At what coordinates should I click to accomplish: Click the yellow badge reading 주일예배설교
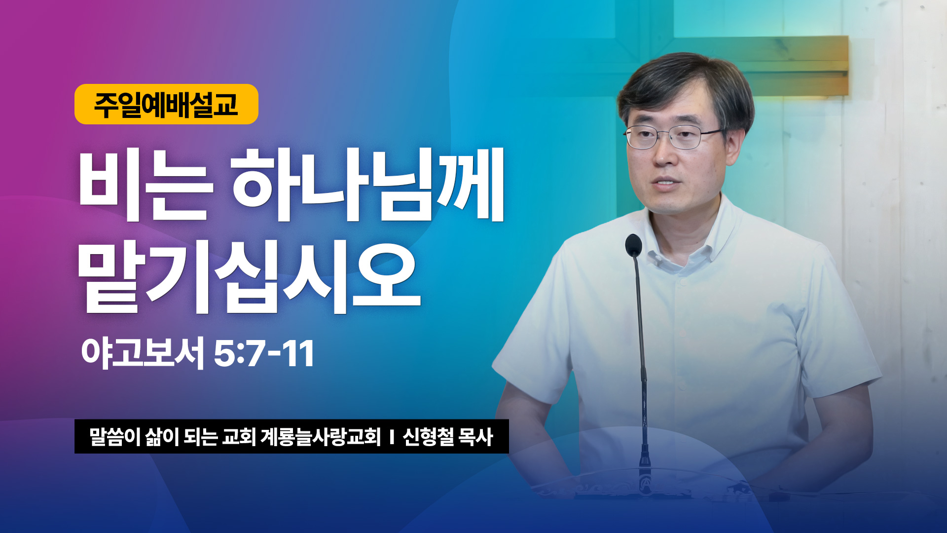point(166,104)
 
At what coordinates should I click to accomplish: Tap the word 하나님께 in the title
point(368,185)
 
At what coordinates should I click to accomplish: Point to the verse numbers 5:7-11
point(264,353)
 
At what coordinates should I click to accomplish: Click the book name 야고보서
point(143,353)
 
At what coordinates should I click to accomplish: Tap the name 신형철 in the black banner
point(428,437)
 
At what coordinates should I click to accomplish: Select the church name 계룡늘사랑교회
point(321,437)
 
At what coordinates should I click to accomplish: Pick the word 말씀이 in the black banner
point(115,437)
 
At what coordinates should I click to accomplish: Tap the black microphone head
point(633,245)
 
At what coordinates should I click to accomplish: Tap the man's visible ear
point(733,143)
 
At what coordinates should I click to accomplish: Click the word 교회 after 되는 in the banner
point(239,437)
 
